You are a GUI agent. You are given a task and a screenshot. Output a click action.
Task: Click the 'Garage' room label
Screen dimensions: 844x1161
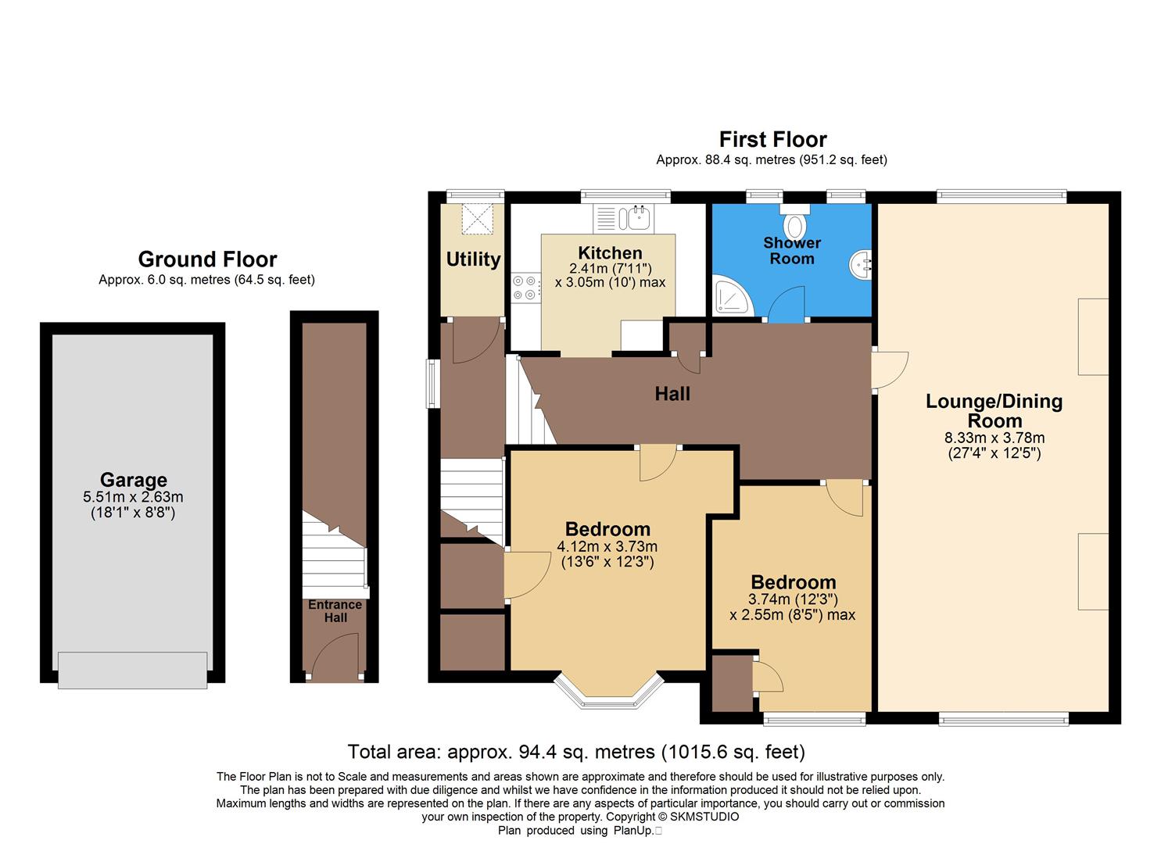(133, 480)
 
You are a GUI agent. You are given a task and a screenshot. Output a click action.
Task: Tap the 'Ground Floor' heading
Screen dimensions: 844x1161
(207, 259)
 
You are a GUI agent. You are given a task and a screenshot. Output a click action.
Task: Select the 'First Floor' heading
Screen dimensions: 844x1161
(772, 139)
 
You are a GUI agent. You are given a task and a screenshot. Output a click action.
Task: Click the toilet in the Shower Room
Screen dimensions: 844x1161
(794, 224)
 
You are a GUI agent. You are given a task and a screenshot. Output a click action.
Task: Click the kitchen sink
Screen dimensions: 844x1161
(633, 218)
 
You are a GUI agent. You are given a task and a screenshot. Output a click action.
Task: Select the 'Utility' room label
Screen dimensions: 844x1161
(473, 259)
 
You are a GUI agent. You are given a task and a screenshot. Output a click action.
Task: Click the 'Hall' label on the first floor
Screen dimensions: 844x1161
(672, 394)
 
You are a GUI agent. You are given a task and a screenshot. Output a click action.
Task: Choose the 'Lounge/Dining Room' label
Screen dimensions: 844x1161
(994, 410)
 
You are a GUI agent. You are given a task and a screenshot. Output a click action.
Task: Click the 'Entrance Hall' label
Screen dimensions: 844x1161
(335, 611)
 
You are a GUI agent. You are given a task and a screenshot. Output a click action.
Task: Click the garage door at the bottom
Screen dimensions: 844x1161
(132, 671)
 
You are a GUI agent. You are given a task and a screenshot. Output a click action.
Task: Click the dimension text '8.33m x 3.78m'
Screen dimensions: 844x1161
(994, 438)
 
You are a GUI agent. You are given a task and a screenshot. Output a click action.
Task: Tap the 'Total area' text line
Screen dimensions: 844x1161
(576, 752)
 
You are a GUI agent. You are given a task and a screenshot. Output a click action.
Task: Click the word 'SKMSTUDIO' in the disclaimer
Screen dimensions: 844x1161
(704, 817)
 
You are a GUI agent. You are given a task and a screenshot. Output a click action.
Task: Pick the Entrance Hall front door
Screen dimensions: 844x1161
(335, 656)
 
